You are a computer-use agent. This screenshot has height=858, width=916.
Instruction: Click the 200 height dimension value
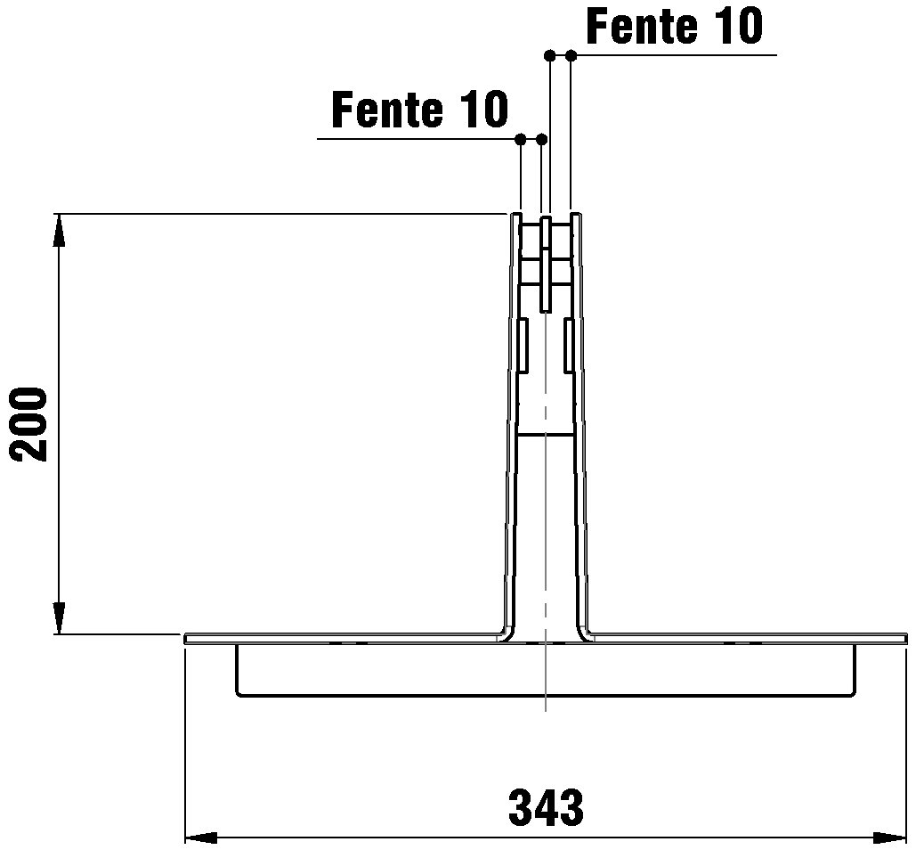pos(29,424)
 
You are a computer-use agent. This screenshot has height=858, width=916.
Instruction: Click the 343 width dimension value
pos(546,808)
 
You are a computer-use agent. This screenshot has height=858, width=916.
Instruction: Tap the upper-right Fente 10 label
pos(675,26)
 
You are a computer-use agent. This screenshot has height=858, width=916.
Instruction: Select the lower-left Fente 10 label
pos(420,110)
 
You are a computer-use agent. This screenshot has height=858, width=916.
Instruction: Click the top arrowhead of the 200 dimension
pos(59,231)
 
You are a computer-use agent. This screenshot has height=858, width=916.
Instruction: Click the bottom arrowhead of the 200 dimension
pos(59,617)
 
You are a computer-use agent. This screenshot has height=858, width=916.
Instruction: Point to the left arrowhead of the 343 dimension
pos(201,838)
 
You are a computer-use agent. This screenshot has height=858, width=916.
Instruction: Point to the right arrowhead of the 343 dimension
pos(889,838)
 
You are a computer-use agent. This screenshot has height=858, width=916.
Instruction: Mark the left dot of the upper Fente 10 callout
pos(549,55)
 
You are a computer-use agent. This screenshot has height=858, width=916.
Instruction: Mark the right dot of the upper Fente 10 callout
pos(571,55)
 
